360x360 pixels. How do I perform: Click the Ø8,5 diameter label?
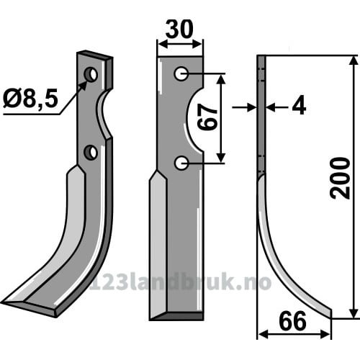click(x=30, y=99)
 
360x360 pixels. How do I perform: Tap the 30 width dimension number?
click(x=179, y=30)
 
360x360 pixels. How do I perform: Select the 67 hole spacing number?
click(x=207, y=117)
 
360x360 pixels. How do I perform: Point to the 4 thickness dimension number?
click(x=299, y=105)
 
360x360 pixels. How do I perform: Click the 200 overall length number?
click(x=340, y=179)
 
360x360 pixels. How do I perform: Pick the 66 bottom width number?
click(x=293, y=321)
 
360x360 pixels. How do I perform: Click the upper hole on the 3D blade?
click(x=91, y=74)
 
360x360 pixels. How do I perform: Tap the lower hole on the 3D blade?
click(x=91, y=153)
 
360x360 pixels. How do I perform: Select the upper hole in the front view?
click(x=181, y=73)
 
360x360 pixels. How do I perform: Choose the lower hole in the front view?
click(x=181, y=163)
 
